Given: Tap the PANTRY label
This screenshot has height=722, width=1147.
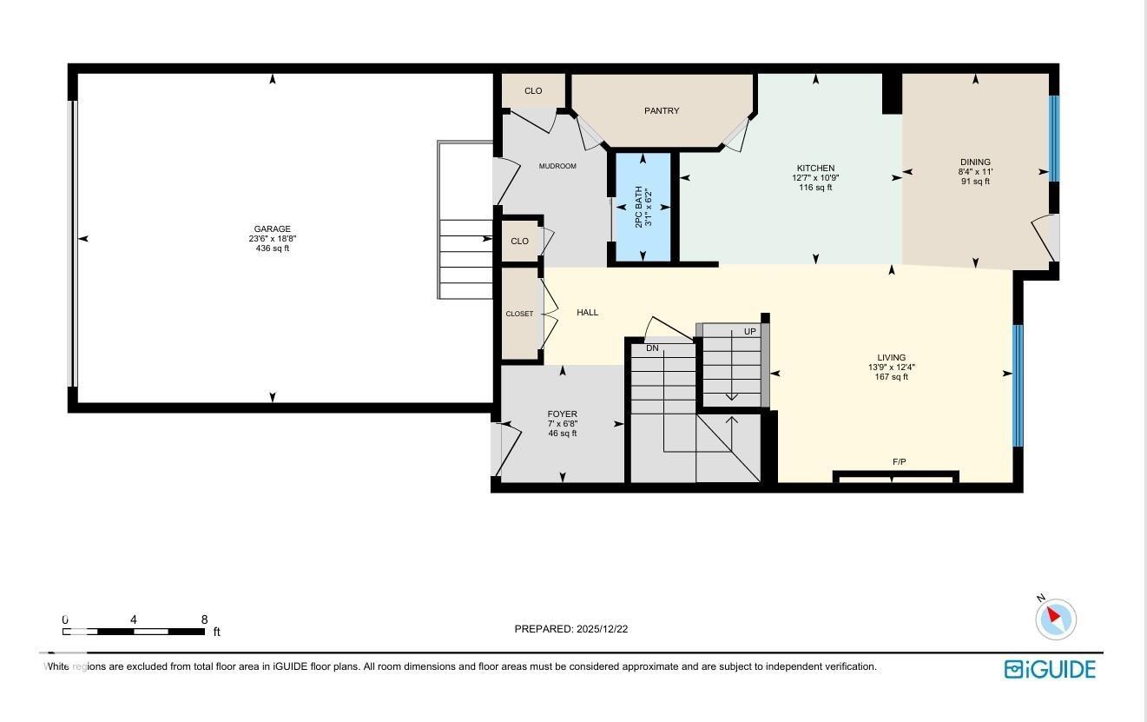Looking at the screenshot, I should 662,110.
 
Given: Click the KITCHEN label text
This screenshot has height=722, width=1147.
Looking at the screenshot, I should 815,169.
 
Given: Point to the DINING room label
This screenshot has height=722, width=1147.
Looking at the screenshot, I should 975,162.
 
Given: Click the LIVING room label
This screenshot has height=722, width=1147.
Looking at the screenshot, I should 891,358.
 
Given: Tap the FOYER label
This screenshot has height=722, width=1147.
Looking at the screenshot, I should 562,414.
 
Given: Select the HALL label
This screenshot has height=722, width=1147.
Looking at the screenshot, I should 588,313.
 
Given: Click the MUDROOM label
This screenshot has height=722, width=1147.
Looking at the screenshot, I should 557,166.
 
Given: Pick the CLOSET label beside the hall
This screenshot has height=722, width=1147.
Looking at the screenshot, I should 519,314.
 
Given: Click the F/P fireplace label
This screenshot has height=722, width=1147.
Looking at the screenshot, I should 899,461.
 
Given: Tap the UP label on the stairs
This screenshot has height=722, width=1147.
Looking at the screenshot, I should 749,332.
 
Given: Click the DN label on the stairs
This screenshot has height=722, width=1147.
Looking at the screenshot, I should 652,348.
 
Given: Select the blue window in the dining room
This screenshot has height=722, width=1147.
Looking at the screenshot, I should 1054,138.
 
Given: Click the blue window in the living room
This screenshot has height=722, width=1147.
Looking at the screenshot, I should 1018,385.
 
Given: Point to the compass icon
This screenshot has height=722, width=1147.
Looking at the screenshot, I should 1056,619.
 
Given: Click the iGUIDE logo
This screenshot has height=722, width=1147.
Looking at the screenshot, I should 1050,669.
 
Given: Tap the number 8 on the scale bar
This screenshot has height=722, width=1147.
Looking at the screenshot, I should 204,619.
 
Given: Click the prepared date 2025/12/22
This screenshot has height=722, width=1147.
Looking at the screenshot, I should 601,629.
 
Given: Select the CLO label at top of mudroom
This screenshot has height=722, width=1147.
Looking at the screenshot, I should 533,91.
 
